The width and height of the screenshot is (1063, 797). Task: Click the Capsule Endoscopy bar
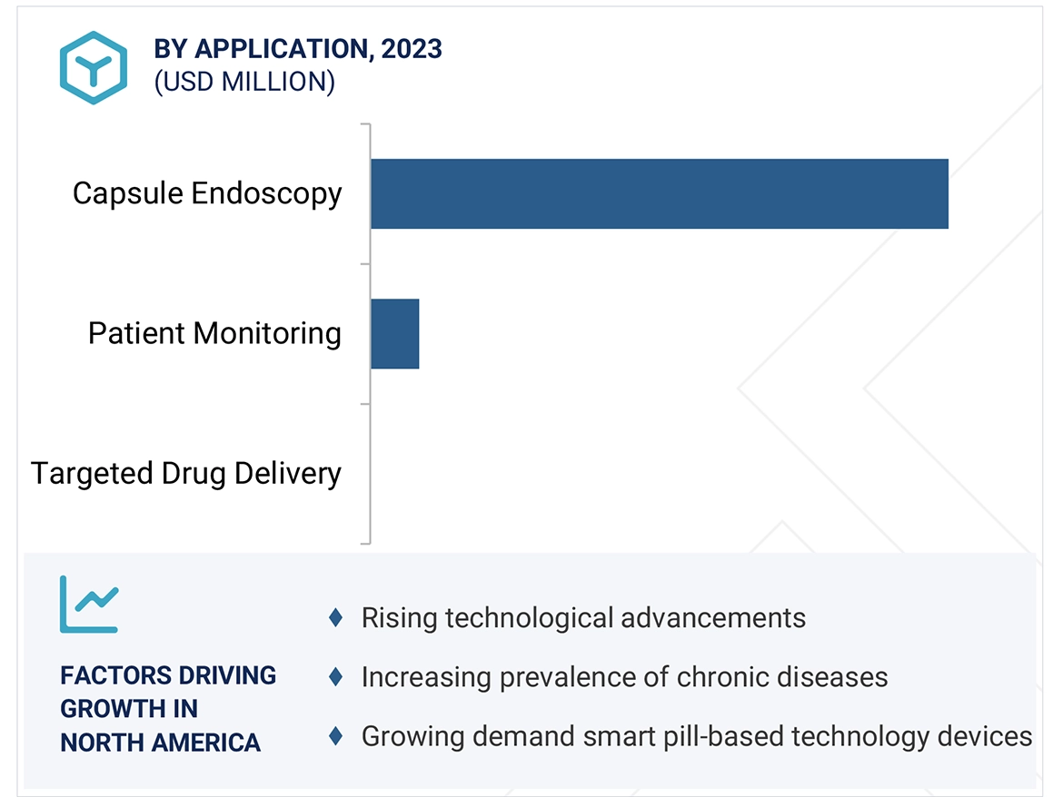click(x=659, y=193)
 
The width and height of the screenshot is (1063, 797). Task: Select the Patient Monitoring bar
click(x=394, y=334)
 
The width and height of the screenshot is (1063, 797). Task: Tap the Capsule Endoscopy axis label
click(x=207, y=193)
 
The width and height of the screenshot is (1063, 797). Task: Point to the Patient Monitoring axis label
click(x=214, y=334)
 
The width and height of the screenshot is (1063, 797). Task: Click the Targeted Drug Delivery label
click(x=186, y=474)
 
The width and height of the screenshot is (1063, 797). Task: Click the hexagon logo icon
click(x=94, y=67)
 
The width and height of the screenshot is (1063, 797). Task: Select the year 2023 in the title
click(x=412, y=49)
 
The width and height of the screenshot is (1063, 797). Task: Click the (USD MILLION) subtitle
click(x=244, y=82)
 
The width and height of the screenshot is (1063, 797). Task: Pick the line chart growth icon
click(x=89, y=604)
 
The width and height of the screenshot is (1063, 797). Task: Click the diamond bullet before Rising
click(x=335, y=618)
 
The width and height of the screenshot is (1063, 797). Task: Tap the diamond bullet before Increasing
click(x=335, y=677)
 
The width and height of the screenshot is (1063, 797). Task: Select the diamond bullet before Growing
click(x=335, y=735)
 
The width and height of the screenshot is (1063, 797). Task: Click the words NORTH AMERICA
click(x=161, y=743)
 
